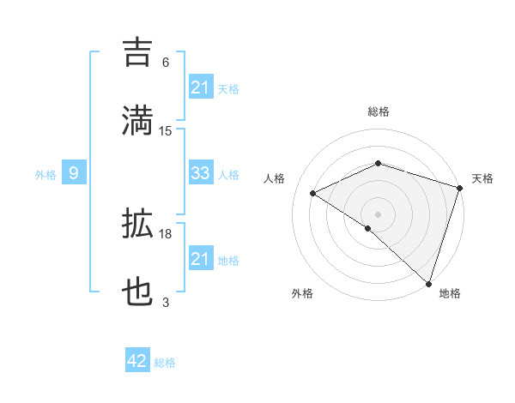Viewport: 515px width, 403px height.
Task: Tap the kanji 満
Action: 138,119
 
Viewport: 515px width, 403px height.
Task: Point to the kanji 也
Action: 138,292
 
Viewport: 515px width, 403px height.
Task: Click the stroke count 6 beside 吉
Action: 166,63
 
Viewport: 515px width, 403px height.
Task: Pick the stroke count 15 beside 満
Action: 166,131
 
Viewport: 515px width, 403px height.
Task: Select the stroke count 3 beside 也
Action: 166,303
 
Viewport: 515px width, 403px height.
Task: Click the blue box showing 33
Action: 200,173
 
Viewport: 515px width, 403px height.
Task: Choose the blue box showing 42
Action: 137,361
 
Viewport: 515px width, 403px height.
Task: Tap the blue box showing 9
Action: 74,173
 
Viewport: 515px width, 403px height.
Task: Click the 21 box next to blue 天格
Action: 200,87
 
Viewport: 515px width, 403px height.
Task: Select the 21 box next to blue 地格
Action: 200,259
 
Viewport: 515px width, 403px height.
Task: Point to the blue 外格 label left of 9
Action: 45,174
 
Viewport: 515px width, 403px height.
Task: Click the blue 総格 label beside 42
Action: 165,363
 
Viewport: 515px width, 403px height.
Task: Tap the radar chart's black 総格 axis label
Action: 378,112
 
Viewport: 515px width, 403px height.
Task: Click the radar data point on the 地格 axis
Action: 428,283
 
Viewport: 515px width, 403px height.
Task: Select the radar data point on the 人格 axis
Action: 313,194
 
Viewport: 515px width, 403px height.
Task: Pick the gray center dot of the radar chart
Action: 378,214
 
